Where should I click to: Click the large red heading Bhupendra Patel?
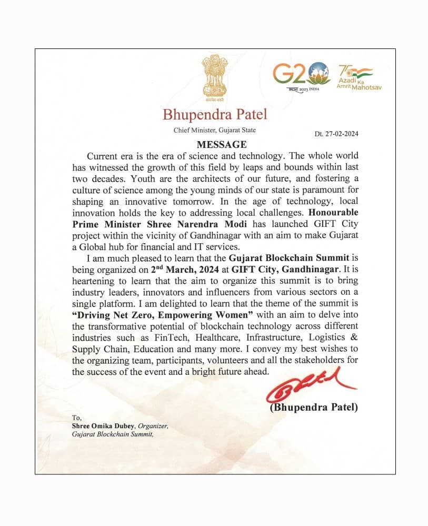point(215,114)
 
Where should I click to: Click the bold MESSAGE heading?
point(214,144)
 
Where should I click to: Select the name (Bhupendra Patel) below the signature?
point(313,406)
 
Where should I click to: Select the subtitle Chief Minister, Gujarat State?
point(215,130)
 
